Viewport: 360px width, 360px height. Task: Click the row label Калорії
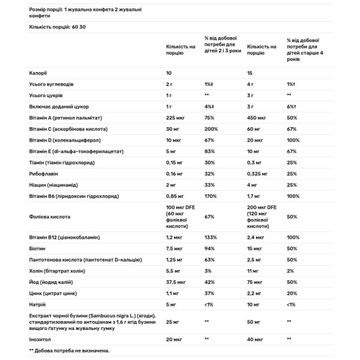[x=38, y=73]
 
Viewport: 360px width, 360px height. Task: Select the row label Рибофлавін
[x=44, y=174]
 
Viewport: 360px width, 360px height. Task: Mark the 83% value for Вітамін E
[x=209, y=151]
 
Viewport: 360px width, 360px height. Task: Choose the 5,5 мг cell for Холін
[x=174, y=271]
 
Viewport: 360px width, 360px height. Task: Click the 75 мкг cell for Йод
[x=255, y=282]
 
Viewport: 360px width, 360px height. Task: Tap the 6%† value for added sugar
[x=291, y=106]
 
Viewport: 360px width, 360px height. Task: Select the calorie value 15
[x=250, y=73]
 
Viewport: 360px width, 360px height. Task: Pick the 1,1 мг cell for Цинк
[x=173, y=293]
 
